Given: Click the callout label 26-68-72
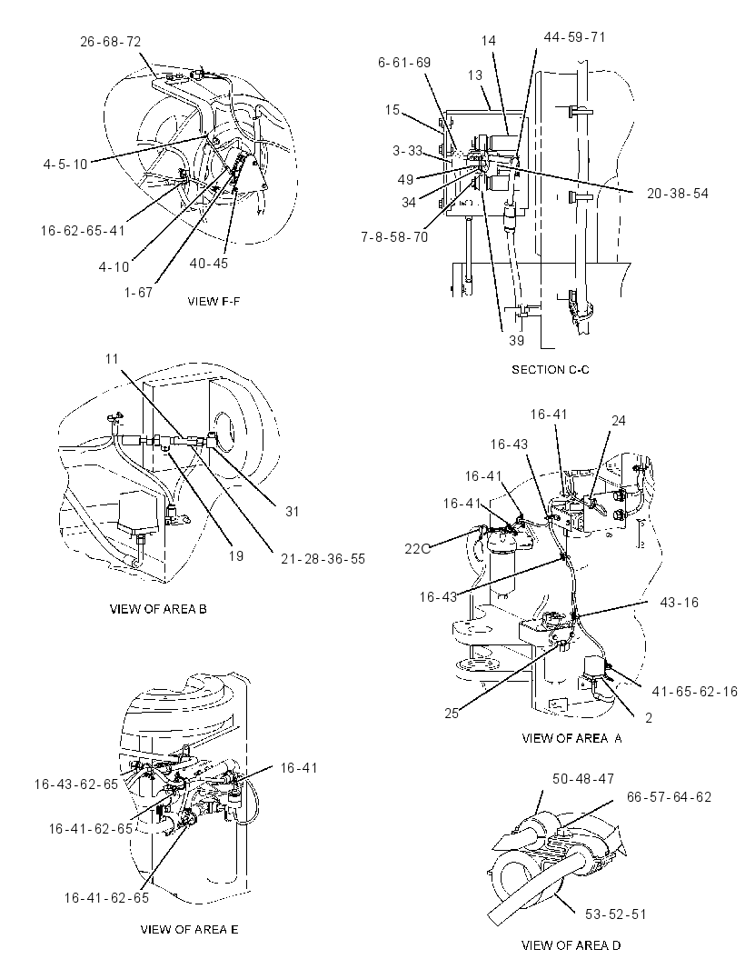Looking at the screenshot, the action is (x=111, y=42).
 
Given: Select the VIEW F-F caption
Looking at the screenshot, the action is (x=214, y=302).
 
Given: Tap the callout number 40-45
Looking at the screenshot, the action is (x=209, y=264).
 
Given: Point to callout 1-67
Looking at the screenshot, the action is (x=138, y=292).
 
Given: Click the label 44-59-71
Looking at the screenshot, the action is (x=574, y=37).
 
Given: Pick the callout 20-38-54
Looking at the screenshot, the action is (x=678, y=194).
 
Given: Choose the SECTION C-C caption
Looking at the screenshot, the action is (x=551, y=370).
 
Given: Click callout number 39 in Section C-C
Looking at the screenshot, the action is (x=516, y=341).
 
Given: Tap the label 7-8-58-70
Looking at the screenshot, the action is (x=394, y=236).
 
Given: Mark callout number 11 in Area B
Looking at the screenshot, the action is (x=112, y=359).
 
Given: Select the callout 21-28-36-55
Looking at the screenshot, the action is (x=323, y=559).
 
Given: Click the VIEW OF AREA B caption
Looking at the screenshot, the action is (x=158, y=609).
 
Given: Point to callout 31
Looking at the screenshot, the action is (x=293, y=512).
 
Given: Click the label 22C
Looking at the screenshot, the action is (x=417, y=548).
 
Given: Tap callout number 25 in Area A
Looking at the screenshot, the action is (x=452, y=714).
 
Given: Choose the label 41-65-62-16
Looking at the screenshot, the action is (x=695, y=692).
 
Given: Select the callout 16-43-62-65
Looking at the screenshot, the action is (x=76, y=784).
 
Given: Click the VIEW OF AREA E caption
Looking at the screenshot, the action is (x=189, y=929).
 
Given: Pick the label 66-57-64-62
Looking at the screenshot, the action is (x=669, y=797).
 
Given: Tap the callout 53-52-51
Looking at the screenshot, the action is (x=616, y=914).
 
